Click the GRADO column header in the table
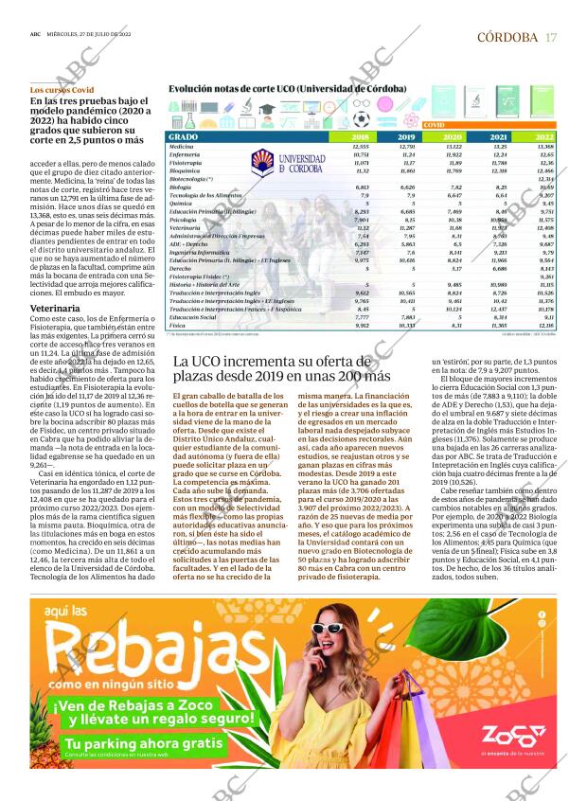(183, 137)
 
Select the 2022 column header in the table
(544, 137)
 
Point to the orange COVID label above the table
(435, 125)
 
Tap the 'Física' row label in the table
(177, 325)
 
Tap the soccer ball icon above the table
(362, 119)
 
